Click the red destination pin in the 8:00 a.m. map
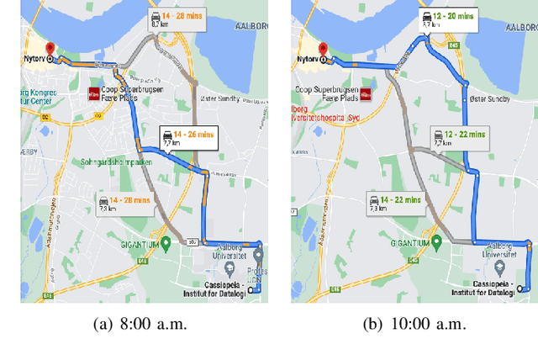[x=50, y=50]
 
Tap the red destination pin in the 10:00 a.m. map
[x=321, y=50]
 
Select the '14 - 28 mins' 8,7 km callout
[x=172, y=20]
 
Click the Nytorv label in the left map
[x=34, y=60]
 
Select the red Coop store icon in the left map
[x=93, y=94]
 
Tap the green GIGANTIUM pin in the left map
[x=166, y=244]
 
